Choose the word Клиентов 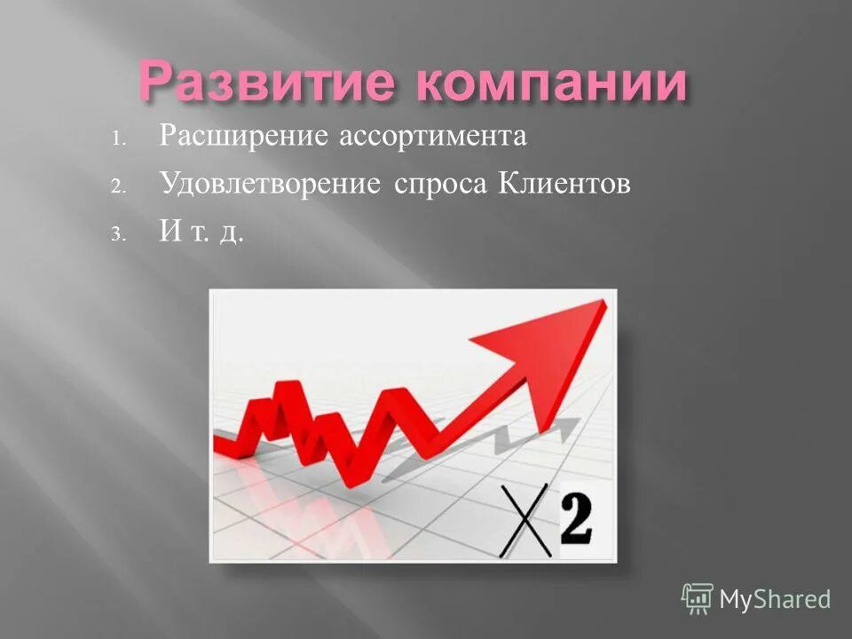click(564, 184)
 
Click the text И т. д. click(201, 232)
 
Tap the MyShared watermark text click(775, 599)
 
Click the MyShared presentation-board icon click(698, 598)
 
